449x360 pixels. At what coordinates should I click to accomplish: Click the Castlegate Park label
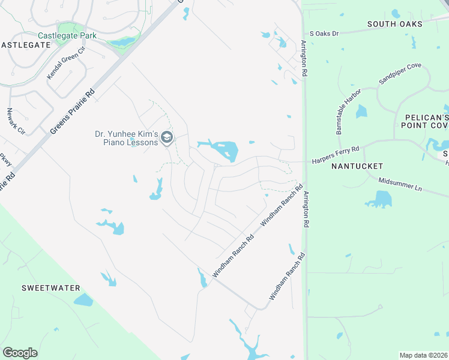pyautogui.click(x=67, y=36)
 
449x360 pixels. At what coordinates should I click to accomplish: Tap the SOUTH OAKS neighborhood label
pyautogui.click(x=395, y=24)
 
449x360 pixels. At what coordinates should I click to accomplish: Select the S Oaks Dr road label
pyautogui.click(x=324, y=34)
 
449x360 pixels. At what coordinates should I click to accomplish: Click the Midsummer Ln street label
pyautogui.click(x=400, y=184)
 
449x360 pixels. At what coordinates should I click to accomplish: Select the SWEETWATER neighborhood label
pyautogui.click(x=51, y=288)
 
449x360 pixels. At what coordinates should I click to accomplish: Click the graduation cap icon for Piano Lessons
pyautogui.click(x=167, y=139)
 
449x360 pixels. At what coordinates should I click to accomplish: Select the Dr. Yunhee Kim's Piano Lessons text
pyautogui.click(x=127, y=139)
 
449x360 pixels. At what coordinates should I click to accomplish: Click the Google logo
pyautogui.click(x=20, y=353)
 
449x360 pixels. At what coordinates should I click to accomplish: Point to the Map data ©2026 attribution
pyautogui.click(x=423, y=355)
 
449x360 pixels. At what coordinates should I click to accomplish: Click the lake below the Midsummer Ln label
pyautogui.click(x=379, y=199)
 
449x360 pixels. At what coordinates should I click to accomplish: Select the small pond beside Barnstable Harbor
pyautogui.click(x=361, y=112)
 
